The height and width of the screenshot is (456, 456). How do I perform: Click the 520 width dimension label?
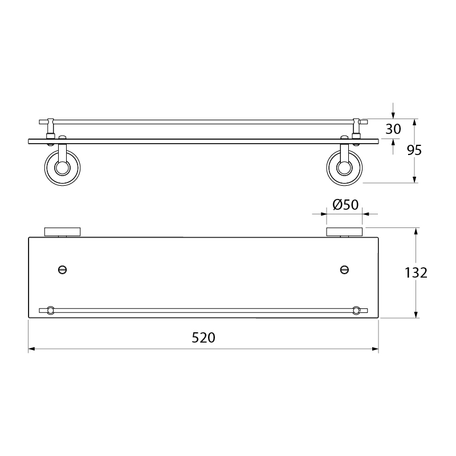[203, 337]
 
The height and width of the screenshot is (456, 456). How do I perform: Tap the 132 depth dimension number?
[416, 273]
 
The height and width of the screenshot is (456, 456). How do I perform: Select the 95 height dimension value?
[414, 150]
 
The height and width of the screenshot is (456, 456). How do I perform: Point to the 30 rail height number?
[393, 129]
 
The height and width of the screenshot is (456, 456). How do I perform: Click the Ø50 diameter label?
[345, 205]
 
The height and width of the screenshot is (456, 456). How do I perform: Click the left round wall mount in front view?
[63, 168]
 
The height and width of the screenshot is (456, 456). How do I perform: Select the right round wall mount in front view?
[345, 168]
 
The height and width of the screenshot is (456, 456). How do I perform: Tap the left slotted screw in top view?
[63, 270]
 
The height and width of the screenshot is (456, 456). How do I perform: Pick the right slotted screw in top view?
[345, 270]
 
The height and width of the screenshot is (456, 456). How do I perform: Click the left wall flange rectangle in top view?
[63, 232]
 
